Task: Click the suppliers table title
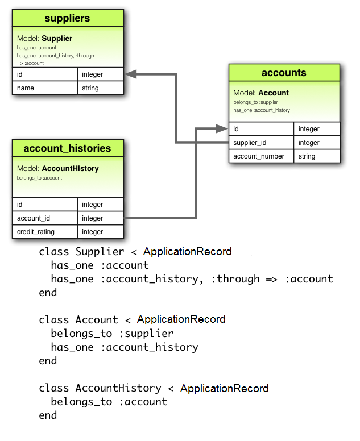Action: tap(67, 19)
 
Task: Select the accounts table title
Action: tap(284, 73)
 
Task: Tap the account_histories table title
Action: tap(67, 149)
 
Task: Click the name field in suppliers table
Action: tap(44, 88)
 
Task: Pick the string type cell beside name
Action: tap(100, 88)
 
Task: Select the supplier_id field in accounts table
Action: tap(261, 143)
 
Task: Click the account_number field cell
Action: tap(261, 156)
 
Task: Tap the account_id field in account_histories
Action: tap(44, 218)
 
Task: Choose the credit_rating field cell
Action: tap(44, 232)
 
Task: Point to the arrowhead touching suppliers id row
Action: tap(130, 74)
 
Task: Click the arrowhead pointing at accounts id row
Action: tap(222, 129)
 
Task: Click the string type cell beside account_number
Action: tap(317, 156)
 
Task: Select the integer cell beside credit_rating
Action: tap(100, 232)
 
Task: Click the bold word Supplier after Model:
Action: tap(57, 39)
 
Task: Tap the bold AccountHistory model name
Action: tap(70, 169)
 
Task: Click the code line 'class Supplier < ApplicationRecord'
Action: tap(135, 252)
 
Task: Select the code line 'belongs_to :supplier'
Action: tap(112, 334)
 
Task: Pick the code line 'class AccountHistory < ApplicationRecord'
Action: tap(154, 388)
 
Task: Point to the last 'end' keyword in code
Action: tap(48, 415)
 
